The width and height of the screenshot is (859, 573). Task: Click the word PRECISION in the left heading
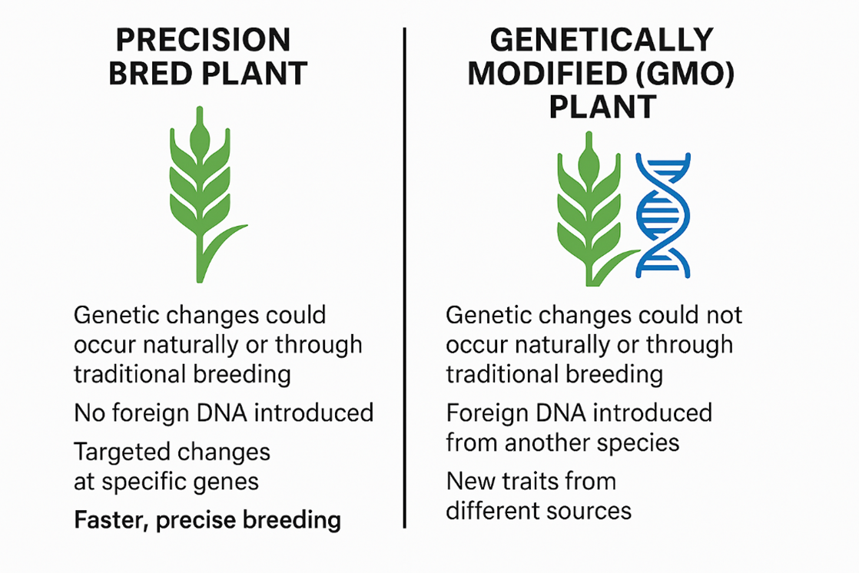tap(204, 40)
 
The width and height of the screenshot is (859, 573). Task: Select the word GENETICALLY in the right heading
tap(602, 40)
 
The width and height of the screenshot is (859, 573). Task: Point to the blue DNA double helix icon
tap(663, 215)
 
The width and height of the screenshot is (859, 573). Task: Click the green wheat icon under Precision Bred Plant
tap(204, 194)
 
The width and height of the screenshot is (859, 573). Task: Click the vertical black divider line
tap(405, 278)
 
